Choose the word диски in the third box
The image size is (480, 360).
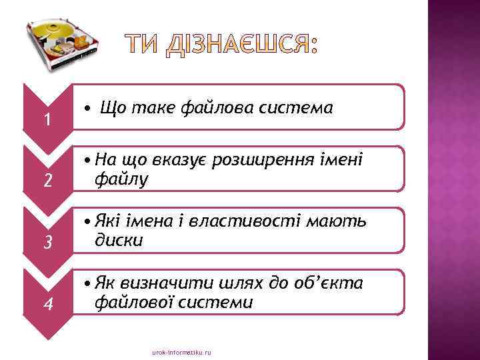[119, 240]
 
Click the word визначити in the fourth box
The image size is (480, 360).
[159, 283]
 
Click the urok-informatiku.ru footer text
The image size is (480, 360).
[181, 352]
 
